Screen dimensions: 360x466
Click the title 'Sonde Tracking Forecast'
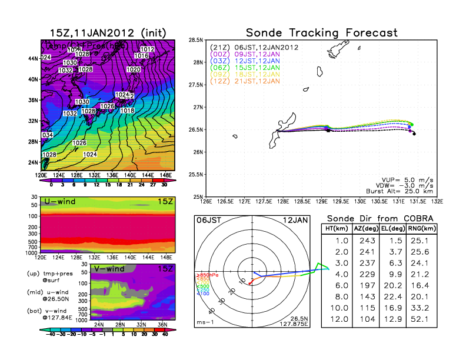pos(321,32)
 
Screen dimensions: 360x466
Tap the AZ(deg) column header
pos(366,229)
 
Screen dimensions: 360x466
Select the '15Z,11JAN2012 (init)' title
pos(107,32)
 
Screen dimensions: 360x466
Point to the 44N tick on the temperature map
pos(33,58)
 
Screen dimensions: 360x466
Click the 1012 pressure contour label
pos(147,49)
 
